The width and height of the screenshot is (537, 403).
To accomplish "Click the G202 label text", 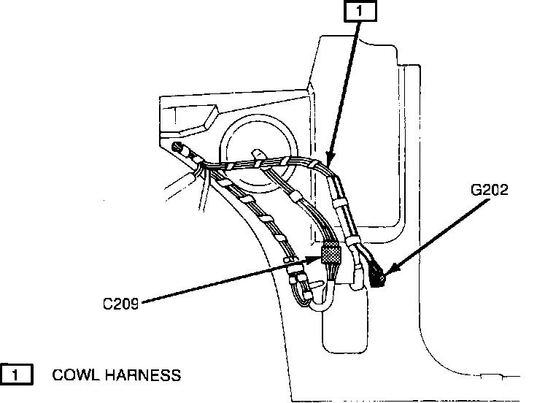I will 489,192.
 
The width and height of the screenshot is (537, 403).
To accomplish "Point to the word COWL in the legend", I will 75,375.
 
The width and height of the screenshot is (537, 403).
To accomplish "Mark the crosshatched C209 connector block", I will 331,256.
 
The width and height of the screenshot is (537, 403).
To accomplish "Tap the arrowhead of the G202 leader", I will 387,272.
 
